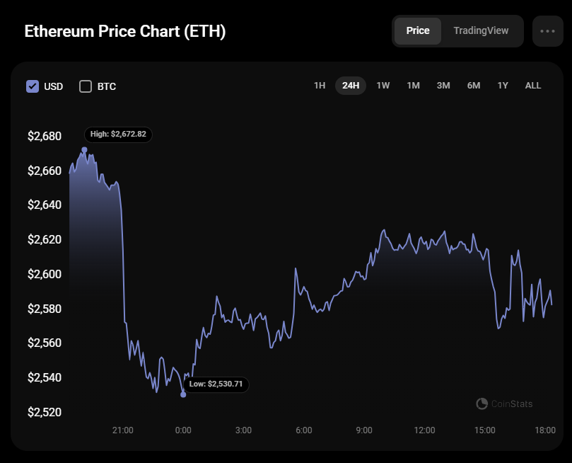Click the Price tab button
click(x=417, y=31)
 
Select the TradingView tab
click(x=481, y=31)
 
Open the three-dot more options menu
click(x=547, y=31)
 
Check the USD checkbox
click(x=33, y=86)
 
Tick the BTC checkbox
click(x=86, y=86)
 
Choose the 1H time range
click(x=320, y=86)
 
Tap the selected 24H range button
click(x=351, y=86)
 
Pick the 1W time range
click(x=383, y=86)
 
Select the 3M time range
click(x=443, y=86)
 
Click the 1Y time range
click(x=503, y=86)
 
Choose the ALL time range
click(x=533, y=86)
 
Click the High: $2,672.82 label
click(x=119, y=134)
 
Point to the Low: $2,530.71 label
click(x=216, y=384)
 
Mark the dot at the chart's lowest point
click(x=183, y=394)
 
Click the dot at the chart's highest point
click(x=85, y=150)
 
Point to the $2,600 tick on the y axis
click(x=45, y=274)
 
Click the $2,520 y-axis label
click(x=45, y=412)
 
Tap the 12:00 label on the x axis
click(x=424, y=430)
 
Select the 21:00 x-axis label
click(x=123, y=430)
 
